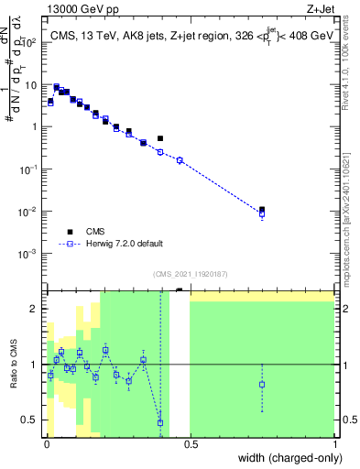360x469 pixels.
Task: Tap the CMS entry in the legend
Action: (x=96, y=232)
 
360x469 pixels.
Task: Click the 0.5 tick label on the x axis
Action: (x=190, y=444)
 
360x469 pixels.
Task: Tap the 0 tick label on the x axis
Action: (x=45, y=444)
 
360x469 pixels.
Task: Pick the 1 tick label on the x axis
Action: (x=334, y=444)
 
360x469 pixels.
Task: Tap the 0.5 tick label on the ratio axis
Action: (x=32, y=420)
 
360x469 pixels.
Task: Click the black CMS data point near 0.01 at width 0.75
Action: (x=262, y=210)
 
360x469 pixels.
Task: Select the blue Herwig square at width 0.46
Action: (x=180, y=160)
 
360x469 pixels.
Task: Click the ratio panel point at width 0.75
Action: (x=262, y=384)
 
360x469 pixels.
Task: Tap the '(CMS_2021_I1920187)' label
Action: (x=191, y=274)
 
